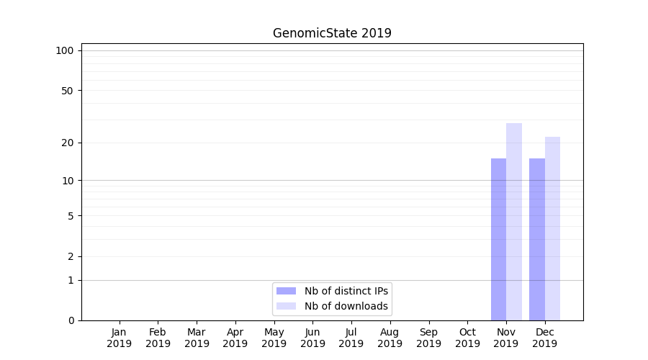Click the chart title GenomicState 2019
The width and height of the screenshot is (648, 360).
[x=332, y=33]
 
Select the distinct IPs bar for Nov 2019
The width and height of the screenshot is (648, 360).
[x=498, y=239]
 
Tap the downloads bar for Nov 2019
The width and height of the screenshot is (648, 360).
[x=514, y=222]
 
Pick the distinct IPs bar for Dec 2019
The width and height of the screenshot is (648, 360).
[x=537, y=239]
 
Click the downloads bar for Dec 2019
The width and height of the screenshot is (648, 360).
[x=552, y=228]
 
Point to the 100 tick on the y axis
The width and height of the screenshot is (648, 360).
[x=65, y=50]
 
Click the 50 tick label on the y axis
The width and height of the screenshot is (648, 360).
[x=68, y=91]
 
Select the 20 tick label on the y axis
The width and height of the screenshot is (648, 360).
[x=68, y=143]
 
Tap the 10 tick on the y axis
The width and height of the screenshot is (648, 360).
[x=68, y=180]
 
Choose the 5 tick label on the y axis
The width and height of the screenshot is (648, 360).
[x=71, y=215]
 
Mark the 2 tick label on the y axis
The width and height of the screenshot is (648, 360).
[x=71, y=256]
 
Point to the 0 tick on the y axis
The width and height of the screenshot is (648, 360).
[x=71, y=320]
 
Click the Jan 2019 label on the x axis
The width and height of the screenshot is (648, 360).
[x=120, y=338]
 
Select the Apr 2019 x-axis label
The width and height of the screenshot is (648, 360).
[x=235, y=338]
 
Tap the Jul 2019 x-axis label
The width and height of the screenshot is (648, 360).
[x=351, y=338]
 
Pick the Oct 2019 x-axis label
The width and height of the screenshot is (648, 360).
[x=467, y=338]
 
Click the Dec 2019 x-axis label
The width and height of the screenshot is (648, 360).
[x=545, y=338]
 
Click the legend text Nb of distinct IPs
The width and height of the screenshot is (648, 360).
[x=346, y=291]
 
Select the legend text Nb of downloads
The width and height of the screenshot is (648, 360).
[x=346, y=306]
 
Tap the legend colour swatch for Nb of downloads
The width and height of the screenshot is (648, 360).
[x=287, y=306]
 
